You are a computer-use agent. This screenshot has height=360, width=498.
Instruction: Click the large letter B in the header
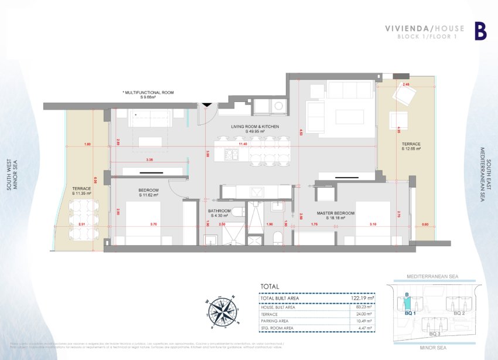tap(480, 31)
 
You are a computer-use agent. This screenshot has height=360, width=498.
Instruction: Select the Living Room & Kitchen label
tap(255, 127)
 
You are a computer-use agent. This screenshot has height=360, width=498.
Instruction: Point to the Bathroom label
tap(219, 211)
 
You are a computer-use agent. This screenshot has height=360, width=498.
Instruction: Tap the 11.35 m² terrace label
tap(81, 191)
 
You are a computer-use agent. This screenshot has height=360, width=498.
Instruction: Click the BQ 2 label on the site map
tap(459, 314)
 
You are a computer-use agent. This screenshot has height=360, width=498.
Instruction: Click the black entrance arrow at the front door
tap(206, 105)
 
